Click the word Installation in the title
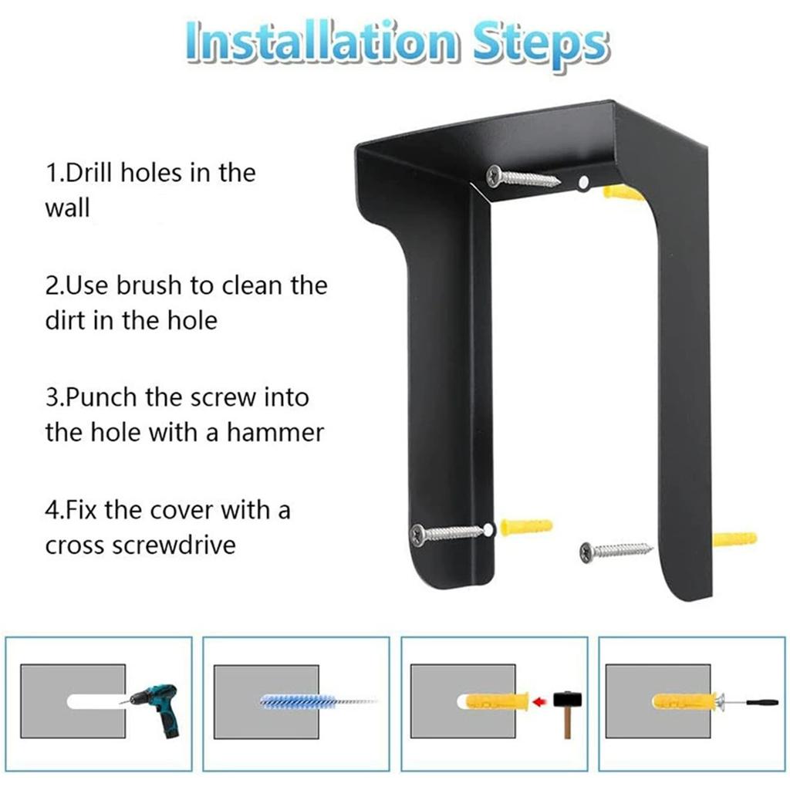322,43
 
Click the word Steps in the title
541,46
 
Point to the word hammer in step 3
275,433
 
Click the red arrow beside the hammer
539,701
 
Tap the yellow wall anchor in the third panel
497,701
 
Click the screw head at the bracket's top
496,177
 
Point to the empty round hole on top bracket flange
583,182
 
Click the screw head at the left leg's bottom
419,535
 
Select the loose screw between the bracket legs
616,551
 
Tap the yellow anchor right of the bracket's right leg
735,539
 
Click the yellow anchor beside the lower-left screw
526,527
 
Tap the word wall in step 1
68,208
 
